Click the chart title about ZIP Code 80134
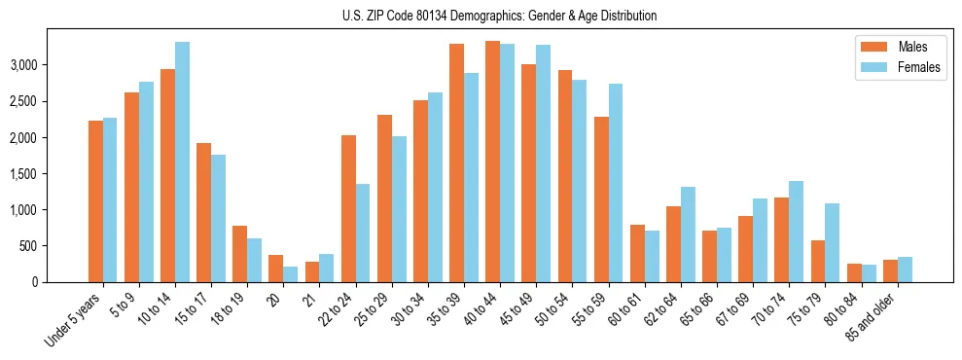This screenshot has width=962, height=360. (499, 16)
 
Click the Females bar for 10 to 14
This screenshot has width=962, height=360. (183, 162)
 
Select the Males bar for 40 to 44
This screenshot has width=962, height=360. (492, 162)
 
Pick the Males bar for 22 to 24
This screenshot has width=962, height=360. (348, 208)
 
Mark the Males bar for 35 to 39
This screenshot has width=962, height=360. (456, 162)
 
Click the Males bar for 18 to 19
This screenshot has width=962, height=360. (239, 254)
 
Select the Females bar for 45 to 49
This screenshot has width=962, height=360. (543, 163)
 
